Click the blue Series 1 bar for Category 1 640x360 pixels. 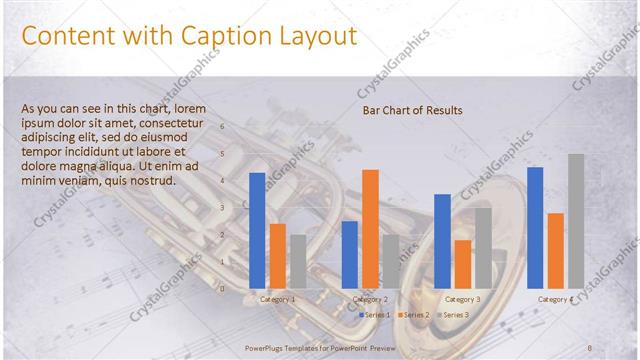pyautogui.click(x=257, y=230)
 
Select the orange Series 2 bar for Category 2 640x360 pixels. pyautogui.click(x=370, y=228)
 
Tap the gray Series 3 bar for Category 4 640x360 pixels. pyautogui.click(x=576, y=220)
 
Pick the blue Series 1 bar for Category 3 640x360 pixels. pyautogui.click(x=442, y=240)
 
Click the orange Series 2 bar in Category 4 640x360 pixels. pyautogui.click(x=556, y=250)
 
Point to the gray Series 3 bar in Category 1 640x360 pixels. pyautogui.click(x=298, y=261)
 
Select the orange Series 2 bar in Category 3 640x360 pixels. pyautogui.click(x=463, y=263)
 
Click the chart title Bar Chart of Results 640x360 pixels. pyautogui.click(x=412, y=110)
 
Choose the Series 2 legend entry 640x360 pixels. pyautogui.click(x=414, y=315)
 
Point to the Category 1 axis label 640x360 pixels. pyautogui.click(x=277, y=299)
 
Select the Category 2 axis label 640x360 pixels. pyautogui.click(x=370, y=299)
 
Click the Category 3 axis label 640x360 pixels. pyautogui.click(x=462, y=299)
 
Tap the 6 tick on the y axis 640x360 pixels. pyautogui.click(x=223, y=128)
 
